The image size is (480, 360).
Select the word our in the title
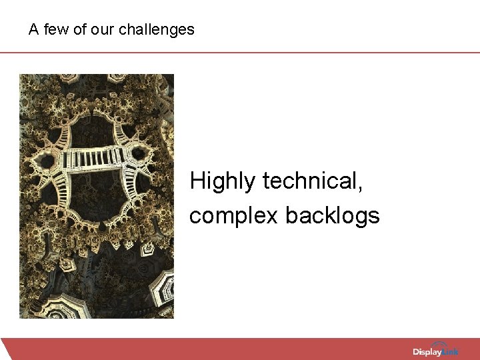pos(100,30)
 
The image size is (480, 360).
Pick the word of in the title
pos(79,30)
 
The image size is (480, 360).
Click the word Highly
pos(223,181)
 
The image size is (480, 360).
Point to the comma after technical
pos(361,189)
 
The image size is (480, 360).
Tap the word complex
pos(233,216)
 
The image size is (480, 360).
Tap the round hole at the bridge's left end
pos(47,160)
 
